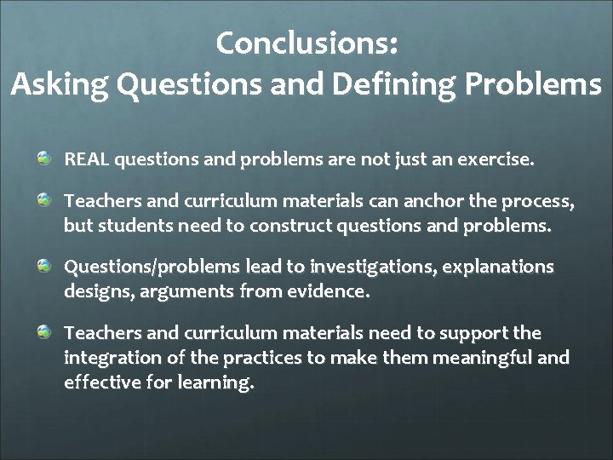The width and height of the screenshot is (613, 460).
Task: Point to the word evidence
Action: [x=329, y=292]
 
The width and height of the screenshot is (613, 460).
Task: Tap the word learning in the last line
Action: [x=217, y=382]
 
